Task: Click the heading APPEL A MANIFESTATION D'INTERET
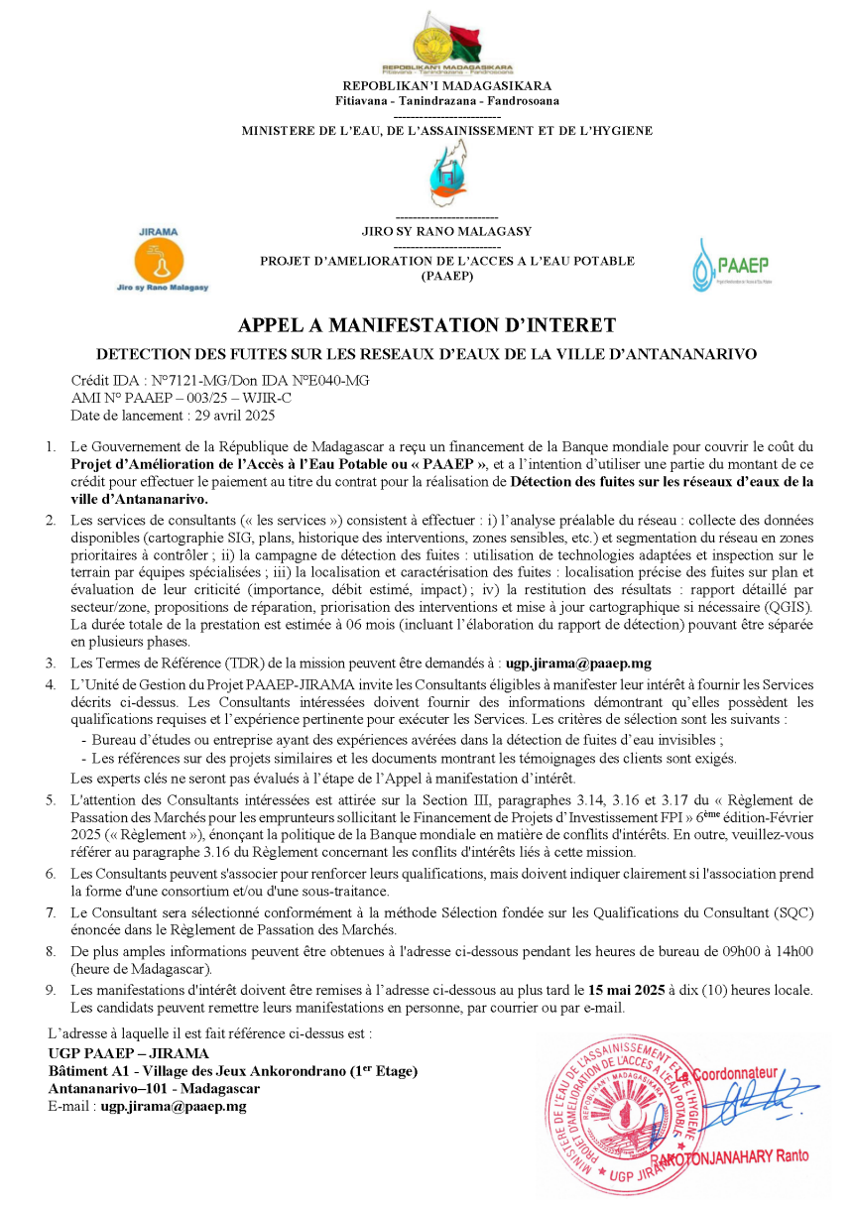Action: (x=427, y=325)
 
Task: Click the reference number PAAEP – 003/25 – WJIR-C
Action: (x=223, y=397)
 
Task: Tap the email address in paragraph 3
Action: (x=578, y=664)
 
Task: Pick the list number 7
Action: (x=51, y=910)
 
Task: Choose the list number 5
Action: (x=51, y=799)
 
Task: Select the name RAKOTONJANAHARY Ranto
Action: (x=729, y=1155)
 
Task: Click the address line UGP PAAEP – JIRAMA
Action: (x=129, y=1053)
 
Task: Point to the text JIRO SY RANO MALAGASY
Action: (x=446, y=231)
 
